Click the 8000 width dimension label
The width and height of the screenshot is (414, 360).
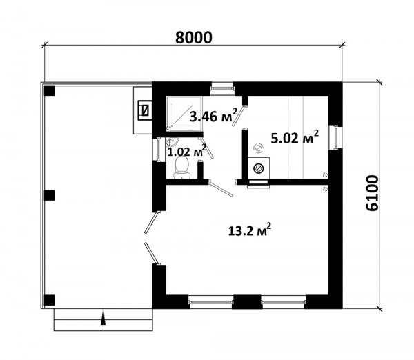tap(193, 37)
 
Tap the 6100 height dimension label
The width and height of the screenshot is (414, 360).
tap(373, 193)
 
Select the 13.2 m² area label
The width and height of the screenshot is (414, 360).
tap(250, 230)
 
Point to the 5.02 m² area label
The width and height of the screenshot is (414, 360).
tap(295, 137)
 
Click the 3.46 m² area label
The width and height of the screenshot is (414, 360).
tap(213, 116)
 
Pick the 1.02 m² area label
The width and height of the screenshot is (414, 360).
tap(187, 151)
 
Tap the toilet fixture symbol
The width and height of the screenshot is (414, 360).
tap(181, 167)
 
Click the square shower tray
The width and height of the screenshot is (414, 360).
tap(184, 114)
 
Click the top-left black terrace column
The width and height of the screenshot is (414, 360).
tap(50, 91)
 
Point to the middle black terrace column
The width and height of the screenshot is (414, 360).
tap(50, 196)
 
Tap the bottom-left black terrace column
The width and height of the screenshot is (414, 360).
tap(50, 300)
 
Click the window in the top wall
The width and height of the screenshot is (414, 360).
tap(222, 88)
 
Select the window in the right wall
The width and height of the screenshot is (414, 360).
tap(335, 138)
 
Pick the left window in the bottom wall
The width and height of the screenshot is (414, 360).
tap(211, 301)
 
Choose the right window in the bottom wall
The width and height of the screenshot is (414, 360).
tap(284, 301)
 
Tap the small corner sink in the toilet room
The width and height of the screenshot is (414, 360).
tap(171, 142)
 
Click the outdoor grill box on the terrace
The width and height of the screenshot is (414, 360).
tap(145, 110)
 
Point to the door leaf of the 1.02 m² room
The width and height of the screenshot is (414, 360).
tap(207, 151)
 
